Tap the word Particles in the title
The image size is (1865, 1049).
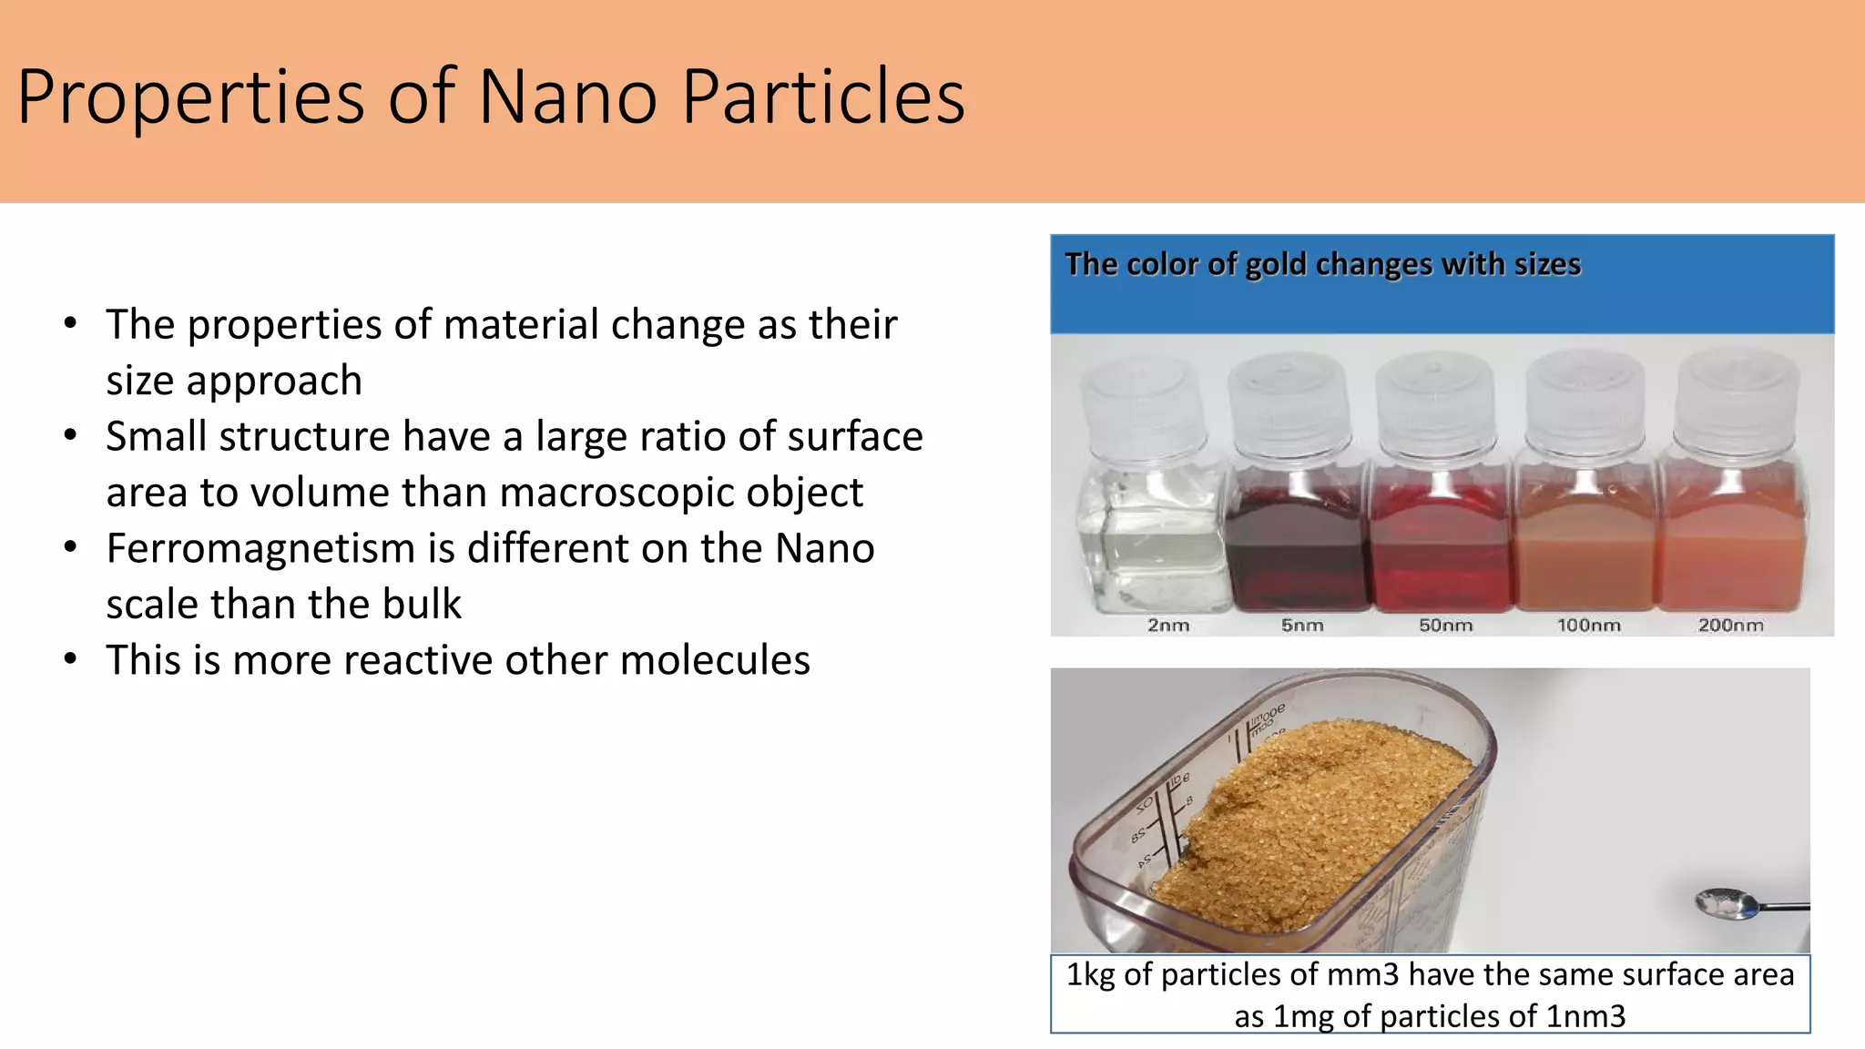823,97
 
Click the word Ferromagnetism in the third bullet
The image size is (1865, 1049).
260,548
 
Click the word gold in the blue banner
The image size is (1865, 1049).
1275,264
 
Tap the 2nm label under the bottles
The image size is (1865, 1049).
1167,626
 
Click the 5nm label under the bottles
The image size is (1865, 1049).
1301,626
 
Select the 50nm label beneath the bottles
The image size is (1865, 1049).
1445,626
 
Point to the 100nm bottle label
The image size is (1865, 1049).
1588,626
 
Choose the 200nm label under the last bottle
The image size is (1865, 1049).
1730,626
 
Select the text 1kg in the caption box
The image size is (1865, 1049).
1090,975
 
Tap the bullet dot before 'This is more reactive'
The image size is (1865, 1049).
71,659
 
